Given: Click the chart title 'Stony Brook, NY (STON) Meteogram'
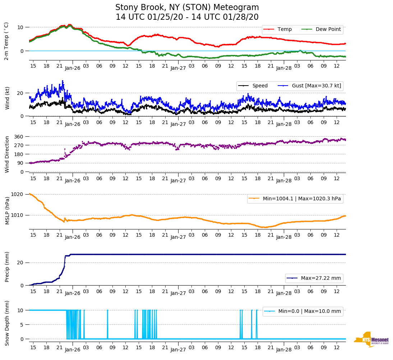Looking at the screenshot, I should tap(187, 8).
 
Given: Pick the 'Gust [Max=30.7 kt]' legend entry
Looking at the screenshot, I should tap(316, 86).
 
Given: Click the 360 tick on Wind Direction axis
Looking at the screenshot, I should tap(19, 137).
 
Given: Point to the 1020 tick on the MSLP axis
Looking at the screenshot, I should tap(17, 194).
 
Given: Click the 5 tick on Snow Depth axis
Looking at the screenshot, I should tap(22, 325).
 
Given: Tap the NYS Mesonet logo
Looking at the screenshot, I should tap(371, 340).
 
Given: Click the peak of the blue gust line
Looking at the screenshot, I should tap(63, 81).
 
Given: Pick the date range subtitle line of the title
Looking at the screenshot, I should tap(187, 17).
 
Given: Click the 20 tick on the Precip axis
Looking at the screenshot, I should tap(20, 263).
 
